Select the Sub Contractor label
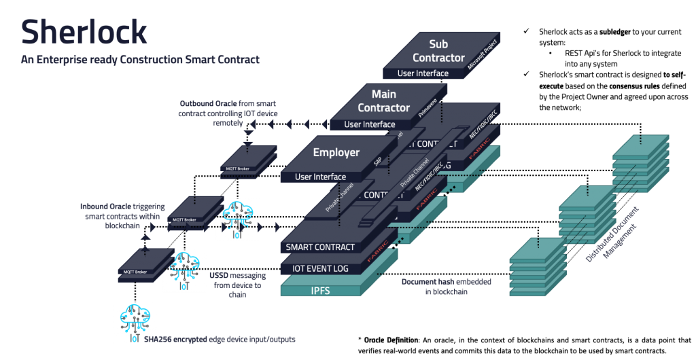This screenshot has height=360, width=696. tap(438, 51)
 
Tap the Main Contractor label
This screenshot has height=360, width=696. tap(383, 101)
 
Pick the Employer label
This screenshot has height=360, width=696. tap(336, 152)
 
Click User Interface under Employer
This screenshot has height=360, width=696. tap(320, 177)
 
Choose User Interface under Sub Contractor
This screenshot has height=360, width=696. tap(423, 73)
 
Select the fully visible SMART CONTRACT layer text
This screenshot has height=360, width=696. tap(320, 247)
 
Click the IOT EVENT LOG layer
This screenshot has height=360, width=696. tap(320, 269)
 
